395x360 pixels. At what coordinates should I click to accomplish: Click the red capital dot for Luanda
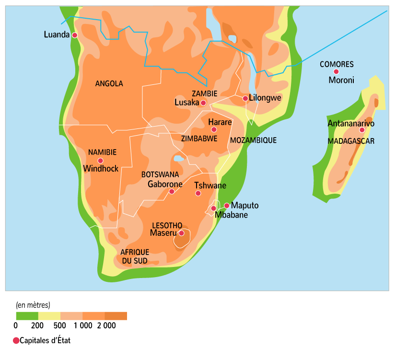(75, 35)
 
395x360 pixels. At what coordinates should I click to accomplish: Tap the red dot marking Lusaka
(203, 103)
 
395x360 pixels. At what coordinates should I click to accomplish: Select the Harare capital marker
(214, 129)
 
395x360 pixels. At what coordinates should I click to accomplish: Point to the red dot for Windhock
(100, 161)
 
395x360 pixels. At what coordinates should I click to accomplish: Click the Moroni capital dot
(336, 71)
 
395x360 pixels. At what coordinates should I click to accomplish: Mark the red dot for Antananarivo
(362, 130)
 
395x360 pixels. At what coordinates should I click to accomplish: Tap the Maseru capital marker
(182, 233)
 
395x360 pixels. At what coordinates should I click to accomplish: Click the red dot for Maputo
(226, 206)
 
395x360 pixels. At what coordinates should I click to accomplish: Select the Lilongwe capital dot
(245, 98)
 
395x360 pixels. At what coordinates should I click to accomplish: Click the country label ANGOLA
(109, 83)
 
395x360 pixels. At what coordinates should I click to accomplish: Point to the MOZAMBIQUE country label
(253, 140)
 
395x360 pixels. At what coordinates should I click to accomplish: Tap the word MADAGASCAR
(351, 141)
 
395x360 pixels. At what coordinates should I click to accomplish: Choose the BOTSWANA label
(160, 174)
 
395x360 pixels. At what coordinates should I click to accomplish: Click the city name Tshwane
(210, 186)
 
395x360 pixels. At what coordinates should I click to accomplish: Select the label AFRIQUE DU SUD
(134, 256)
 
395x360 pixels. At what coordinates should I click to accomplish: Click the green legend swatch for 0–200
(27, 316)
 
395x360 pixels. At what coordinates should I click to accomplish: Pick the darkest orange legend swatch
(116, 316)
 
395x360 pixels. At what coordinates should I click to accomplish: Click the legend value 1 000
(83, 326)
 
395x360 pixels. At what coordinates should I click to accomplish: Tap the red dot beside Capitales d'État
(16, 341)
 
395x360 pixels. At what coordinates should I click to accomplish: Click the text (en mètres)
(33, 304)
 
